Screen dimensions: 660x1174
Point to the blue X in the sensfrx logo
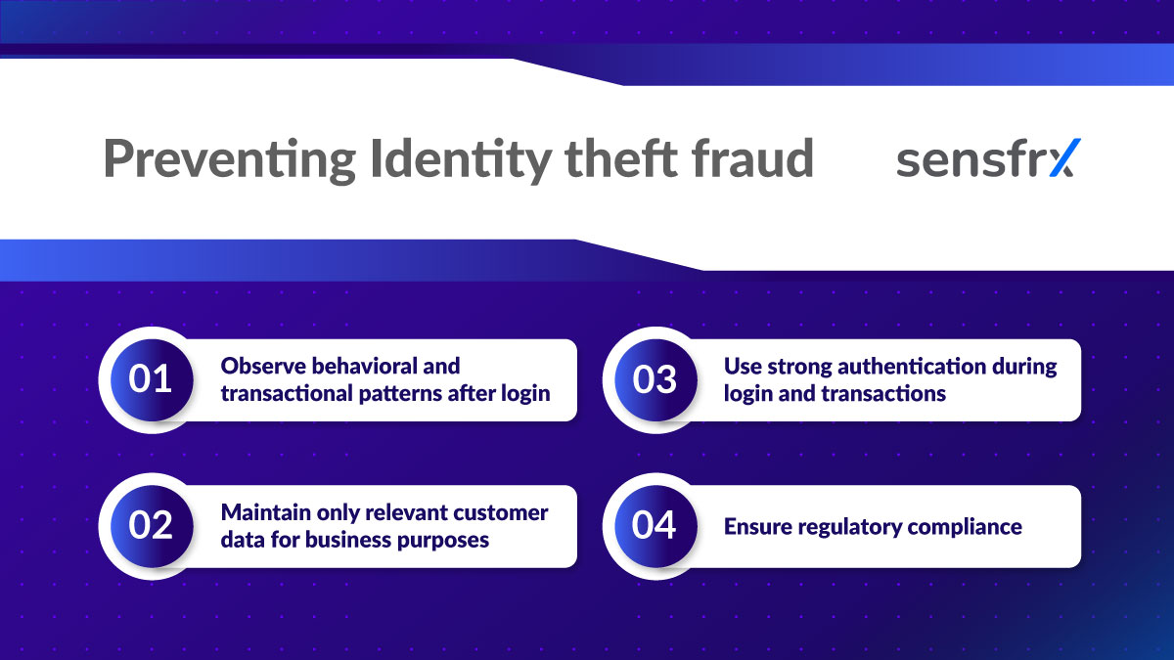[x=1061, y=159]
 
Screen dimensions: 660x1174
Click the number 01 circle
[x=151, y=379]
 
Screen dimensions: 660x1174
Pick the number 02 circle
[x=151, y=526]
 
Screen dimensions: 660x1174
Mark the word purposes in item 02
[x=442, y=540]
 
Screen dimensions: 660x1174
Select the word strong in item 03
[x=791, y=366]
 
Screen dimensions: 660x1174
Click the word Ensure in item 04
[x=758, y=527]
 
